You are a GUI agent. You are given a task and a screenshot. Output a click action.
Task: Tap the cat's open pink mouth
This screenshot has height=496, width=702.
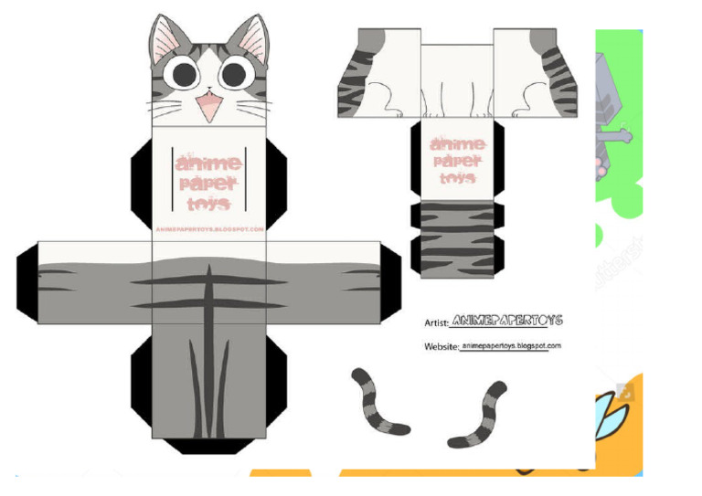tap(210, 105)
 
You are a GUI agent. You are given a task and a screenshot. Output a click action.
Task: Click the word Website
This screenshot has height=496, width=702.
tap(441, 347)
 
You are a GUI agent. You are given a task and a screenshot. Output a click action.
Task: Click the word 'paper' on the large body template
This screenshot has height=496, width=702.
tap(209, 184)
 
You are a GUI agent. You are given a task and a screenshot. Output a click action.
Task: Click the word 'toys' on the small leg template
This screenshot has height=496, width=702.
tap(456, 178)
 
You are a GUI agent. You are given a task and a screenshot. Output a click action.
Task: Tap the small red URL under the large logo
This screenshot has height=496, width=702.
tap(209, 229)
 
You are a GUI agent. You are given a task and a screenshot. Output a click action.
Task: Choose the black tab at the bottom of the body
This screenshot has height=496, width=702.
tap(210, 446)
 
